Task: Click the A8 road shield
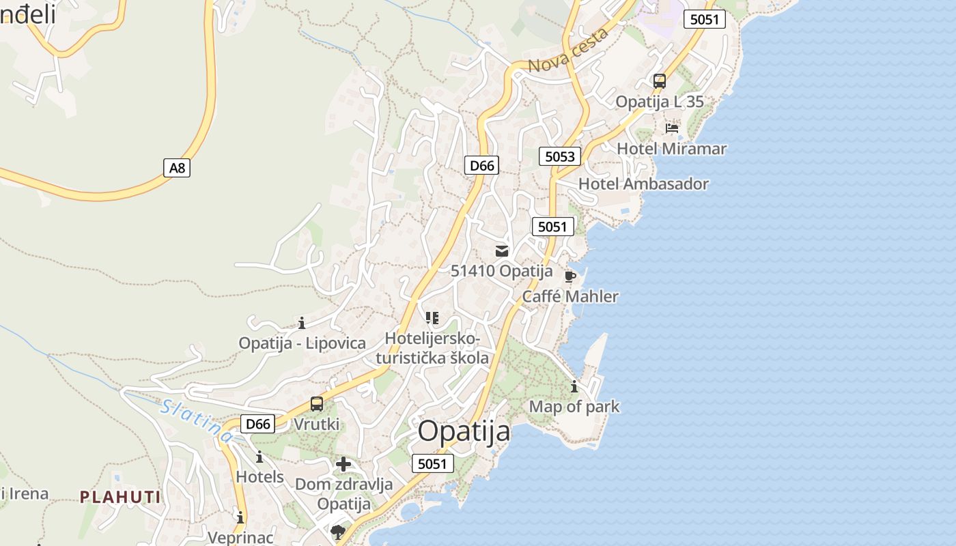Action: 177,167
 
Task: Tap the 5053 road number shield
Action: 560,156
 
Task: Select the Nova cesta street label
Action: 568,52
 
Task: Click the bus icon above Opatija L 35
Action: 660,81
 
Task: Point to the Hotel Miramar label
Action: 672,148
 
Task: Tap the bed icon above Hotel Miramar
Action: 672,128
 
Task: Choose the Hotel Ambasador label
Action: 643,184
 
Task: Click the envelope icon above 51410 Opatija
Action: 502,250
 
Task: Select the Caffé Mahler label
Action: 570,296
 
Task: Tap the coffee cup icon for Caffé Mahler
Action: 570,276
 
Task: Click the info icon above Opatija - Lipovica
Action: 302,322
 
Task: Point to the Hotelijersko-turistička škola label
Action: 433,348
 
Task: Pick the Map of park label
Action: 574,407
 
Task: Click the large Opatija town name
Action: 464,431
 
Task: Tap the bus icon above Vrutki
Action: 317,403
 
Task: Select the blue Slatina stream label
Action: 197,419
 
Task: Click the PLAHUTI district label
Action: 121,497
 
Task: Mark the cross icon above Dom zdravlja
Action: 343,465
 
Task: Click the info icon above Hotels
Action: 259,457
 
